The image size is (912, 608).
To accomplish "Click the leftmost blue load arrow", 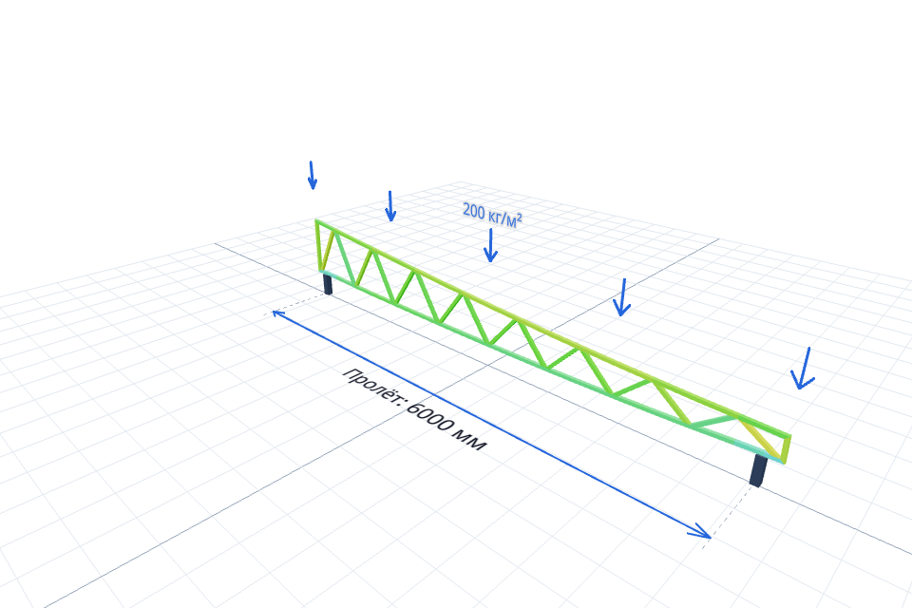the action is [x=312, y=175].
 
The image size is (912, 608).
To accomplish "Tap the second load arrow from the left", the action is [x=390, y=206].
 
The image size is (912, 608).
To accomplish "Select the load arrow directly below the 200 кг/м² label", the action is [x=490, y=245].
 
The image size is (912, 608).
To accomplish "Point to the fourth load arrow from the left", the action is [x=622, y=297].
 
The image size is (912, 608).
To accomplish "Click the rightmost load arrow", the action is [x=804, y=369].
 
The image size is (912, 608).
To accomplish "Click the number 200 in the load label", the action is [x=473, y=211].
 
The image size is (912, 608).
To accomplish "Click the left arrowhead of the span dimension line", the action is [x=277, y=314].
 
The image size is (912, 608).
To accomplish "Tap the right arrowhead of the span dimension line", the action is [x=701, y=531].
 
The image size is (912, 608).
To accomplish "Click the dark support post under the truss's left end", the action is [x=328, y=284].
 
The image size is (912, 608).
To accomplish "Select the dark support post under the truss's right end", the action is [x=758, y=470].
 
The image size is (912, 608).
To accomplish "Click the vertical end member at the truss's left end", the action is [x=318, y=245].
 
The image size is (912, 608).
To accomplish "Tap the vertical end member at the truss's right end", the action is [x=787, y=449].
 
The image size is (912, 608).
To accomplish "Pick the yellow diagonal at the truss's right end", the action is [x=761, y=439].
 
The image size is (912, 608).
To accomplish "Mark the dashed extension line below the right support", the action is [x=731, y=516].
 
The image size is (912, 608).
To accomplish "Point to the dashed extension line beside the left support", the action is [x=296, y=304].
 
